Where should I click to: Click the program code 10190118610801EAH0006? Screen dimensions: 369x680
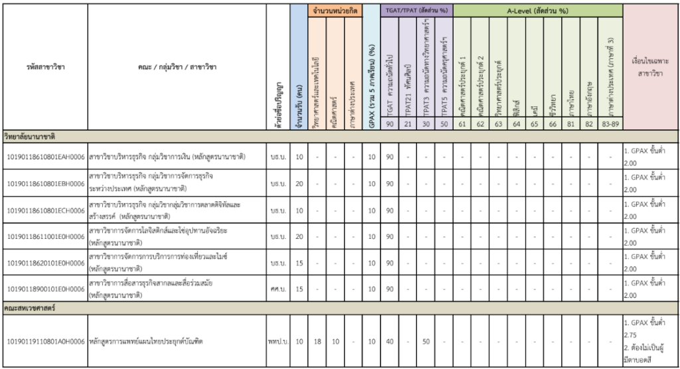point(45,157)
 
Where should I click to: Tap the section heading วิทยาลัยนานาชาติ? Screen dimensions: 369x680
point(30,136)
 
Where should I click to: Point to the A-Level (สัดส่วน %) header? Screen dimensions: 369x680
point(539,11)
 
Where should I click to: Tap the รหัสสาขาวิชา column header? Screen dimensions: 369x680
point(44,66)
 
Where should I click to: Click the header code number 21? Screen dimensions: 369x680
point(408,124)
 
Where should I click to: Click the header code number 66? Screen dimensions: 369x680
point(552,124)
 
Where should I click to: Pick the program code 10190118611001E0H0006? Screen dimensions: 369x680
point(45,236)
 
